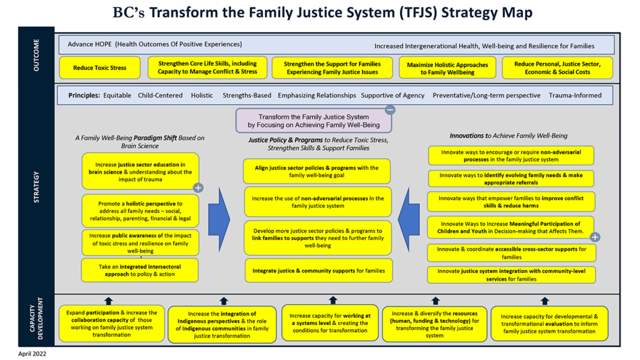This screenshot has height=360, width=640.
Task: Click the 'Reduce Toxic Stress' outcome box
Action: pos(100,68)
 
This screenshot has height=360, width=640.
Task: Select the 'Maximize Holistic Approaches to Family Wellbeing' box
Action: pos(447,68)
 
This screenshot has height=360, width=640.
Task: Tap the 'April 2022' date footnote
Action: pos(32,353)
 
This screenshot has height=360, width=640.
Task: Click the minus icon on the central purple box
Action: pos(390,110)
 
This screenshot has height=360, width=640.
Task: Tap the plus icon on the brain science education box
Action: pos(198,187)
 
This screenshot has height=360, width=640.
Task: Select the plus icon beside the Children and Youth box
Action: pos(595,237)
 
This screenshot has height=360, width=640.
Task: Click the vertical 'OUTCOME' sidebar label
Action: pos(36,56)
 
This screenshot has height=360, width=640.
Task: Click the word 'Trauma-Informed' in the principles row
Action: pos(575,96)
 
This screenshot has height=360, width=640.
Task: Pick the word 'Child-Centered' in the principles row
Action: pos(161,96)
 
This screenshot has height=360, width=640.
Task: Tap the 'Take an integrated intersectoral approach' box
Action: pos(140,270)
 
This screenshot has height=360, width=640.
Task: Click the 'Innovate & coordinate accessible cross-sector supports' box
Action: pos(511,253)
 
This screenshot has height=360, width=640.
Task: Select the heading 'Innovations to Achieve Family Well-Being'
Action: pos(508,136)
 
